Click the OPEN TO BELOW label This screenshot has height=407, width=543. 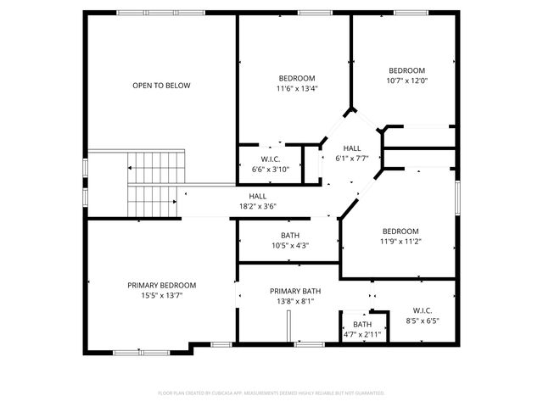(x=161, y=86)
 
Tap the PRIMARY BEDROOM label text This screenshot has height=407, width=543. (x=162, y=285)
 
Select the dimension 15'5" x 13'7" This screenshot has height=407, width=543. (x=162, y=296)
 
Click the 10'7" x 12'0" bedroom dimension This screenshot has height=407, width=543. (x=407, y=81)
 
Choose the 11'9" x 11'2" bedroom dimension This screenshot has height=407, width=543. (x=400, y=242)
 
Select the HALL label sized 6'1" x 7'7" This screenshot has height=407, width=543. (x=352, y=148)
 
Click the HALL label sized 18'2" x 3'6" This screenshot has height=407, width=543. (x=258, y=196)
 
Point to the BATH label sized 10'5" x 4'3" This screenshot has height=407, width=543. (x=290, y=235)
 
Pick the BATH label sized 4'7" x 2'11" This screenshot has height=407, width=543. (x=362, y=324)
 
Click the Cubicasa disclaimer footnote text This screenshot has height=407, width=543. (x=271, y=393)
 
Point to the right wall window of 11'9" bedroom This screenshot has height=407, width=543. (x=457, y=196)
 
